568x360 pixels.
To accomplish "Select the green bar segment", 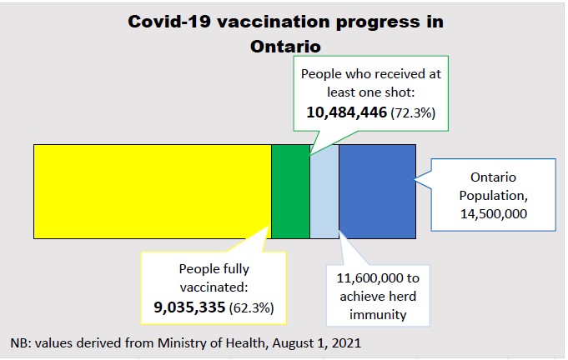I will click(290, 191).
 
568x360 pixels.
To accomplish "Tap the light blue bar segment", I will click(324, 191).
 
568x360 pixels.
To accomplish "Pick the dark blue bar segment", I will click(377, 191).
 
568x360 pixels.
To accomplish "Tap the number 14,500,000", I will click(495, 214).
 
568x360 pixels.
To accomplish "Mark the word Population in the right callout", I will click(495, 196).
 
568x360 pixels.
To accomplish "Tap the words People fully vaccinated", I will click(214, 277).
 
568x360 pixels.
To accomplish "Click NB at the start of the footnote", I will click(18, 342).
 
